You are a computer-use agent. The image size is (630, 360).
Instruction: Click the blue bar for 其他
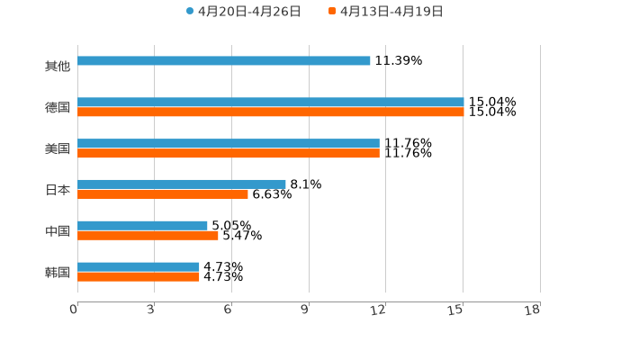click(x=224, y=61)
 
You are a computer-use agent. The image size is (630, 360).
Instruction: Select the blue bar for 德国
click(x=270, y=103)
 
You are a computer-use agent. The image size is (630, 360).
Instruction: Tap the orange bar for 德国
click(x=270, y=112)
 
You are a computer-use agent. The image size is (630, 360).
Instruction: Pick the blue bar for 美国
click(x=229, y=144)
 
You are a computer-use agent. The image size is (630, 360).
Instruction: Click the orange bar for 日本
click(x=163, y=194)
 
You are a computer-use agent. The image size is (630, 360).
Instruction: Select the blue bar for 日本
click(x=182, y=184)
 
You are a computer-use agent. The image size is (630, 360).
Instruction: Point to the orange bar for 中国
click(x=148, y=236)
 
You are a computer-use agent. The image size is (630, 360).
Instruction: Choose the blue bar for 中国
click(x=142, y=226)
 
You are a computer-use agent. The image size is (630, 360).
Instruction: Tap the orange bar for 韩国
click(x=139, y=277)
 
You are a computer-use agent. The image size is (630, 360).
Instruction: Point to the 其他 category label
click(x=58, y=67)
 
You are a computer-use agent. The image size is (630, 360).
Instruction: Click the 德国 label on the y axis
click(x=58, y=108)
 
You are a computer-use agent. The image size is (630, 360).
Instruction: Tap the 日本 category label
click(x=58, y=190)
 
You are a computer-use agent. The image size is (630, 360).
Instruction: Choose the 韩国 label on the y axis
click(x=58, y=273)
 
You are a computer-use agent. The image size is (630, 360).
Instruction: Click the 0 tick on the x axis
click(x=75, y=310)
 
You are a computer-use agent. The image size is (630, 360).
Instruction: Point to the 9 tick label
click(x=305, y=310)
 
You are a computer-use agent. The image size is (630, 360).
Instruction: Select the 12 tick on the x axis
click(x=379, y=310)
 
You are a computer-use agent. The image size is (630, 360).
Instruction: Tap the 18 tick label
click(x=533, y=310)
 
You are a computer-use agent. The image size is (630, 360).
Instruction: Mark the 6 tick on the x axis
click(x=229, y=310)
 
